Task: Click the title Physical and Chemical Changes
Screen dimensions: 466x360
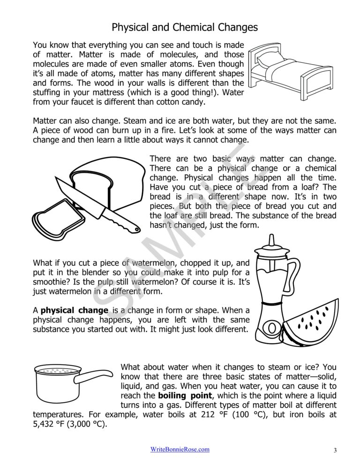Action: point(185,27)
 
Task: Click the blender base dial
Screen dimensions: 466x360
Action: point(271,328)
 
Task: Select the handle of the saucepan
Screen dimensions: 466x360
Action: point(94,376)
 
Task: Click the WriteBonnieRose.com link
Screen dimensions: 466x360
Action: point(180,450)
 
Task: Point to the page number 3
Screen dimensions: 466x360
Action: point(335,451)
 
